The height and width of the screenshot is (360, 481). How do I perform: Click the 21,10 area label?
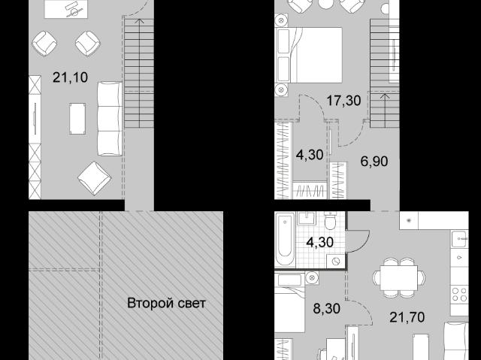[x=70, y=77]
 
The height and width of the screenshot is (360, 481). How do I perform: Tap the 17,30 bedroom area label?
[x=343, y=101]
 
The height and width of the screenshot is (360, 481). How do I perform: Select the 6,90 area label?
[x=374, y=161]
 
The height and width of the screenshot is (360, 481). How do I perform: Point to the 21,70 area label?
[x=407, y=317]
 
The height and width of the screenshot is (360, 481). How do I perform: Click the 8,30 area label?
[x=327, y=308]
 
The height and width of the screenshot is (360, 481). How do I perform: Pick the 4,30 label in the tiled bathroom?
[x=320, y=242]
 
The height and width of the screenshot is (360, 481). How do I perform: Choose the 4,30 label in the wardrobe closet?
[x=310, y=155]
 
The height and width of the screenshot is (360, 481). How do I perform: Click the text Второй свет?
[x=166, y=304]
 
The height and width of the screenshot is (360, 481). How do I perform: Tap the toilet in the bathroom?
[x=331, y=221]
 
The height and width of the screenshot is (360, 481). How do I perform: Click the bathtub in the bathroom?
[x=285, y=239]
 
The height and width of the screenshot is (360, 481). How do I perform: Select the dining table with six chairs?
[x=399, y=278]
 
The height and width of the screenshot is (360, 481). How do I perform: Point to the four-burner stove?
[x=459, y=294]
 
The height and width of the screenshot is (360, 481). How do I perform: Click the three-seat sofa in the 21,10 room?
[x=110, y=119]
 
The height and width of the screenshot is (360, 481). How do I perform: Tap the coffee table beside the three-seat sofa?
[x=77, y=119]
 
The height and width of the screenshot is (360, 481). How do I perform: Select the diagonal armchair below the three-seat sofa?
[x=95, y=178]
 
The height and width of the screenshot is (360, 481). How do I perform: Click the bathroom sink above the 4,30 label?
[x=307, y=219]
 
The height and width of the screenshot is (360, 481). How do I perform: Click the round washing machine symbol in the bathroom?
[x=337, y=262]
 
